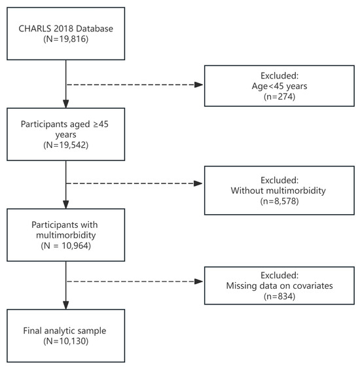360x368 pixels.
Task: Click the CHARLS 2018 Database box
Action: [66, 33]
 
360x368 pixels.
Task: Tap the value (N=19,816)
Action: [66, 39]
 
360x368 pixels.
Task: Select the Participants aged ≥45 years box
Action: [66, 134]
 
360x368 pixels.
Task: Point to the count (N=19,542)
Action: [66, 145]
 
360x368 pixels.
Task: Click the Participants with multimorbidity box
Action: [66, 235]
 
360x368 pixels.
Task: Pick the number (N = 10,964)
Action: [66, 246]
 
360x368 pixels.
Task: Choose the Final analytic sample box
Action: [66, 336]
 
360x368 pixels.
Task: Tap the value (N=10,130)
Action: [66, 341]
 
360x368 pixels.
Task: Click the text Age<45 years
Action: [279, 86]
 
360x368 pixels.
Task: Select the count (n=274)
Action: [279, 96]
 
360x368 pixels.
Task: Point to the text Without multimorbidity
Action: [278, 191]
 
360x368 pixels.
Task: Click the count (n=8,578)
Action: [279, 201]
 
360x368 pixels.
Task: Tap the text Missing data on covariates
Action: [279, 286]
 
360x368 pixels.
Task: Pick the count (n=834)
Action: [279, 297]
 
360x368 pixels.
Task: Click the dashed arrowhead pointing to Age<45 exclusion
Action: [199, 84]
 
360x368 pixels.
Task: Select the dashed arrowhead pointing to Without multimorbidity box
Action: [198, 183]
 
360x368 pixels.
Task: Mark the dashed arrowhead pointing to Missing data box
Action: [199, 282]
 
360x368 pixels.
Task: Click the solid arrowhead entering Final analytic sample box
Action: [66, 305]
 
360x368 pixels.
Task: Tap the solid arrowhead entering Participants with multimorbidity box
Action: [66, 204]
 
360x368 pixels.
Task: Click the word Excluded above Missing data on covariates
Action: [279, 275]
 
